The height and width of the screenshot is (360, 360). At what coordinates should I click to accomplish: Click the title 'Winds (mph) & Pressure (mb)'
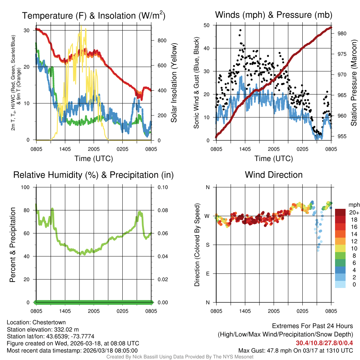tap(274, 15)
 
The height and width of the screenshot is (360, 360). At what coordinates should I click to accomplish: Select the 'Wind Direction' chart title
tap(274, 175)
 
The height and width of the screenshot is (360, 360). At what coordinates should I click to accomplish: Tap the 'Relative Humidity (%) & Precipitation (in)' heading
tap(93, 175)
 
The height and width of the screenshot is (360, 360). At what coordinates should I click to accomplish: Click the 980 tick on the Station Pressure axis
tap(338, 34)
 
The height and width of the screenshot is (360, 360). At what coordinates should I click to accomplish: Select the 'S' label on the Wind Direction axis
tap(208, 245)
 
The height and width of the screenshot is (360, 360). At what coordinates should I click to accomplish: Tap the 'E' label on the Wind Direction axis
tap(208, 274)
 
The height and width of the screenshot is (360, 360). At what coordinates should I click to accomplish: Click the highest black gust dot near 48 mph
tap(240, 30)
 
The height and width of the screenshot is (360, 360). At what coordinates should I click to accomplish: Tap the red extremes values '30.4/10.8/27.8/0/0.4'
tap(324, 343)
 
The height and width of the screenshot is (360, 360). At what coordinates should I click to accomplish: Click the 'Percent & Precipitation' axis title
tap(12, 245)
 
